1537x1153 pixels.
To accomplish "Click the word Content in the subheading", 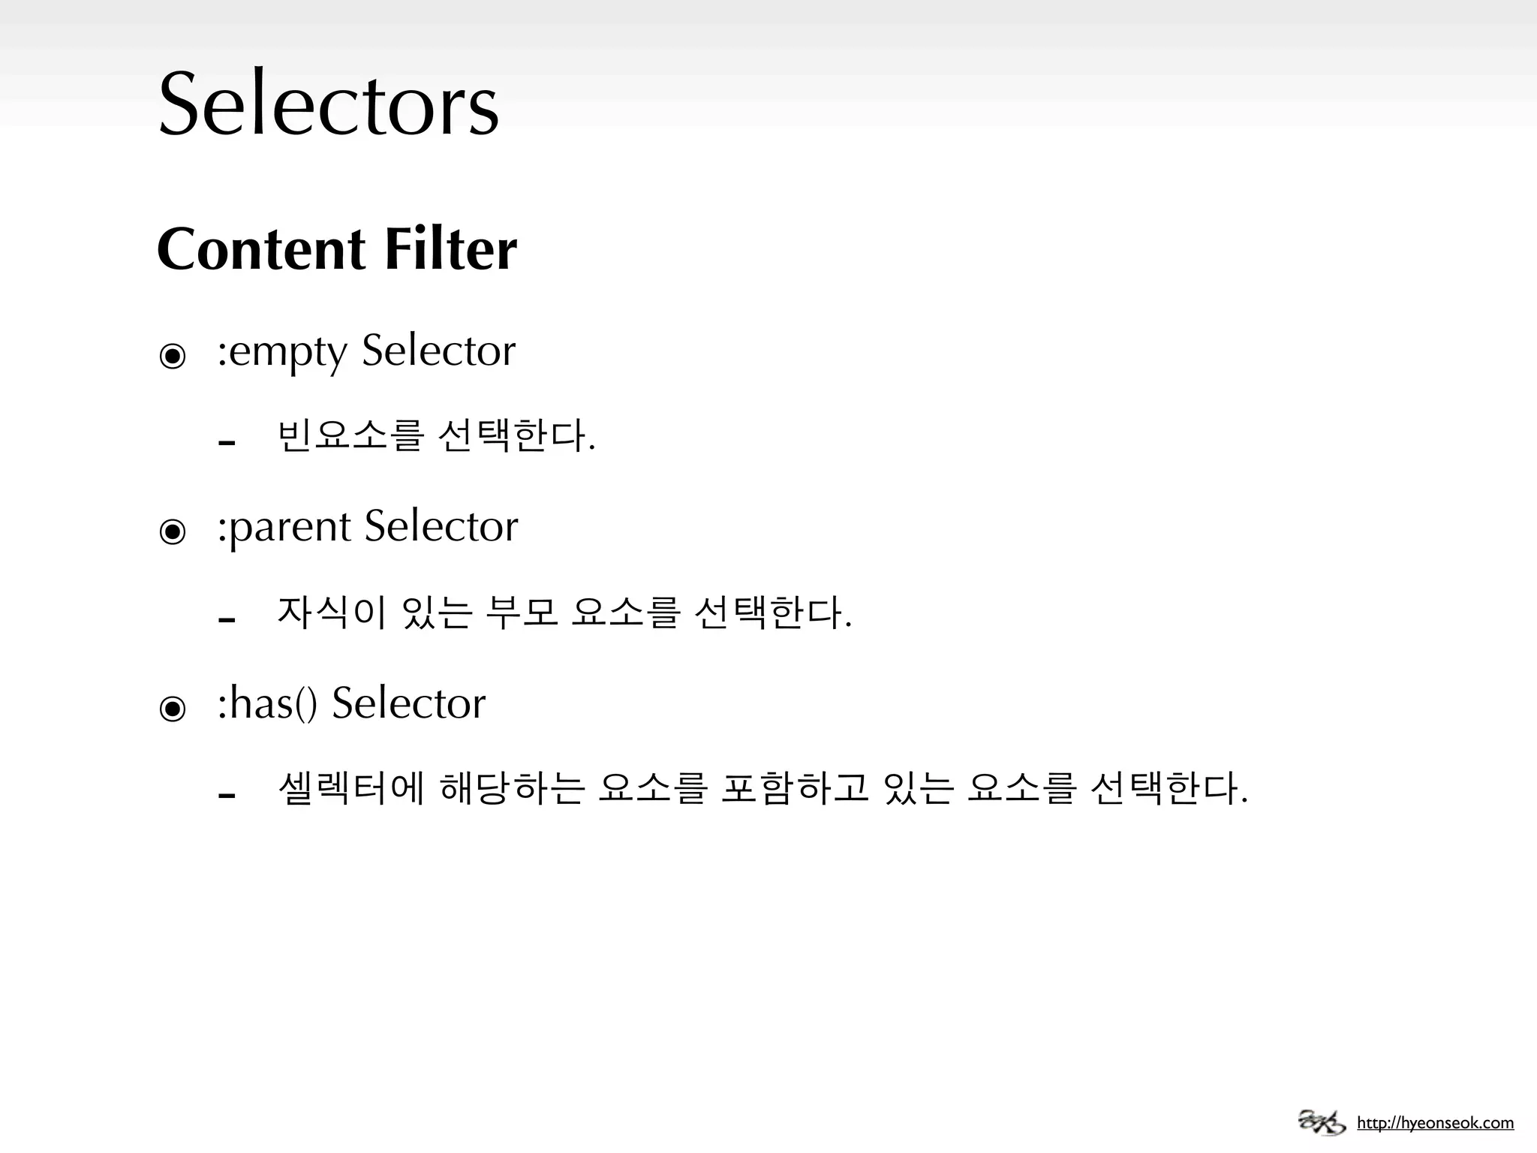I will [261, 249].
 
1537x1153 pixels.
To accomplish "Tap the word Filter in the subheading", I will [450, 249].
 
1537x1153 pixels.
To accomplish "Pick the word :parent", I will [284, 527].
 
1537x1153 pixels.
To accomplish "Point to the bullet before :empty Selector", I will [173, 356].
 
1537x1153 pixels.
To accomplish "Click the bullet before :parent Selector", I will [173, 532].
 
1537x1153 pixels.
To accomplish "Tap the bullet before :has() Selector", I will [173, 708].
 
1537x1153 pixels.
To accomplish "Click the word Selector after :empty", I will [439, 351].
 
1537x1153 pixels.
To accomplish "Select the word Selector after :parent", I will [441, 526].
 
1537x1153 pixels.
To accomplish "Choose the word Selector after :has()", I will [409, 703].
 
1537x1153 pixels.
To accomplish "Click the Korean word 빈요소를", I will [350, 436].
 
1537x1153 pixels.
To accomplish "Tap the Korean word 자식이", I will [332, 613].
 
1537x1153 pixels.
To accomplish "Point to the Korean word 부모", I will [522, 613].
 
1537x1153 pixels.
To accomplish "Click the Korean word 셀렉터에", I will [350, 789].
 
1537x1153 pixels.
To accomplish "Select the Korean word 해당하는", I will [512, 789].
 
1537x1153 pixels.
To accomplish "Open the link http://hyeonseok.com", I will [1435, 1124].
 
